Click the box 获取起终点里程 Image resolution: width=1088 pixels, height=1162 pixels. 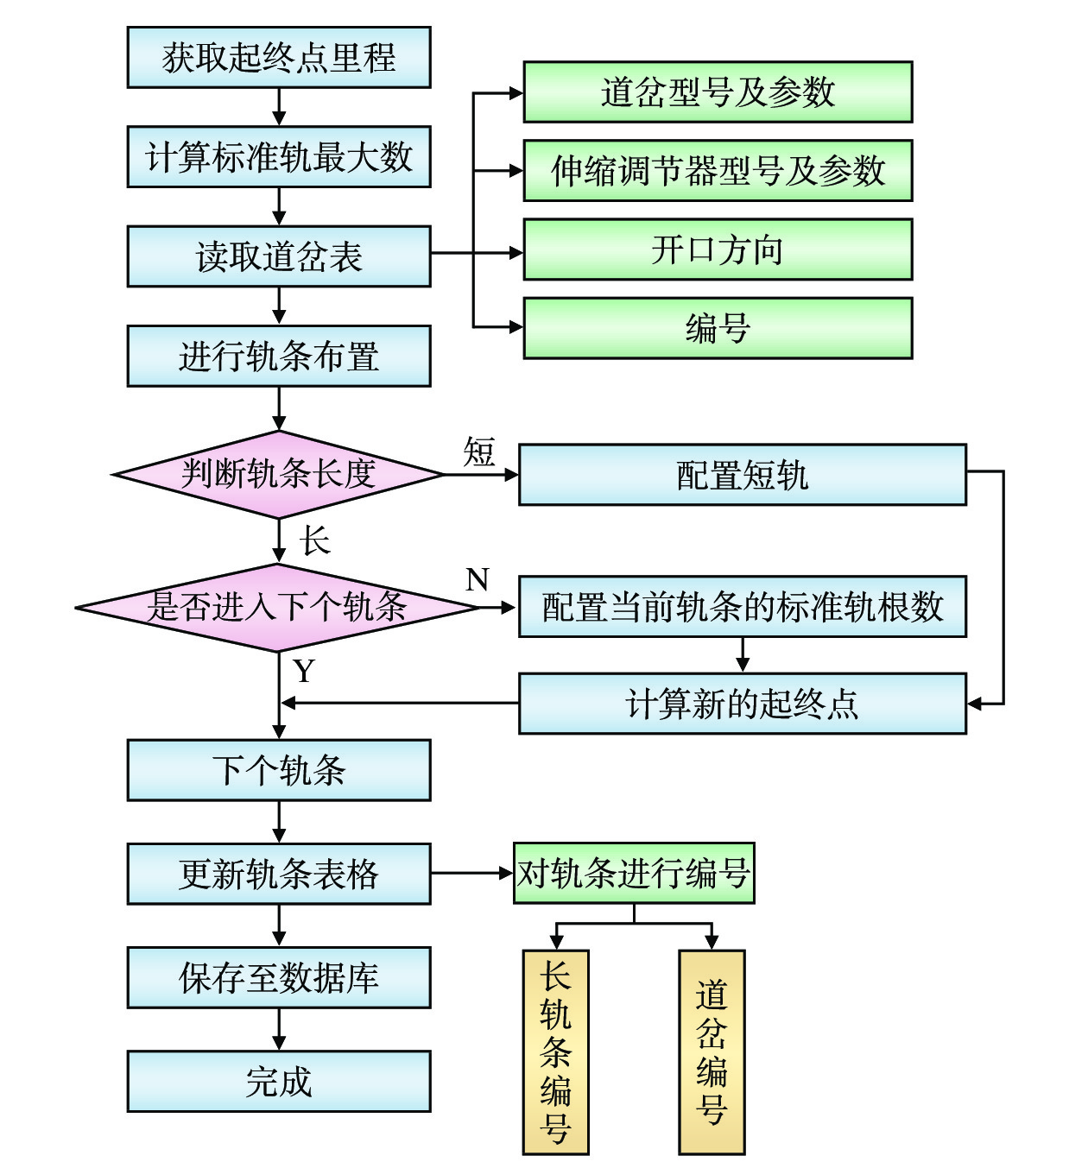(x=278, y=58)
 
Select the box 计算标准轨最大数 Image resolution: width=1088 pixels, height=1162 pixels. (x=278, y=157)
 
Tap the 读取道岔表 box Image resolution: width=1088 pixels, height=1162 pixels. (x=278, y=256)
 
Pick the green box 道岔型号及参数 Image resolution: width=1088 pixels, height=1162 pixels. (x=718, y=92)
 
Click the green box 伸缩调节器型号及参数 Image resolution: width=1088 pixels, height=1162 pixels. (x=718, y=171)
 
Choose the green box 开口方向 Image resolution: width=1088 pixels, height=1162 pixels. (x=718, y=249)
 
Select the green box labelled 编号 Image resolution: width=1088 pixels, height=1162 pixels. (x=718, y=328)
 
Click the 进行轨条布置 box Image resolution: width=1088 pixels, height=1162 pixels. (x=278, y=356)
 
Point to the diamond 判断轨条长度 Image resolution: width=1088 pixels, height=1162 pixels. (x=278, y=474)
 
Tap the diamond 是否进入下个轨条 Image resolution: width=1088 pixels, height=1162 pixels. (x=276, y=607)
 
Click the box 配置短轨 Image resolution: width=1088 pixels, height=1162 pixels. (x=742, y=475)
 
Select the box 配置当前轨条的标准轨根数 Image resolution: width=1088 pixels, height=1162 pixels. (x=742, y=607)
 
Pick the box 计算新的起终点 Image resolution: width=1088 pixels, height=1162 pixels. (x=742, y=704)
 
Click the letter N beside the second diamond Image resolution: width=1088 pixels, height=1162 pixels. (x=477, y=579)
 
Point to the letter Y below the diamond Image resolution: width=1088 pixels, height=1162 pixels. (x=304, y=671)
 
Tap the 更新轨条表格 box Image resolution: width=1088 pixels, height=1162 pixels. (x=278, y=874)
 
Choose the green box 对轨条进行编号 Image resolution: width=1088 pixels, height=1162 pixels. (x=634, y=874)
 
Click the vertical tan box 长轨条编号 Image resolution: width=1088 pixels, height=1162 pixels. (x=555, y=1051)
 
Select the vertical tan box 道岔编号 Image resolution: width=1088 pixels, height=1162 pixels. (x=712, y=1051)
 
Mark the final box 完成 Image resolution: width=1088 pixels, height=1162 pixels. (x=278, y=1081)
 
